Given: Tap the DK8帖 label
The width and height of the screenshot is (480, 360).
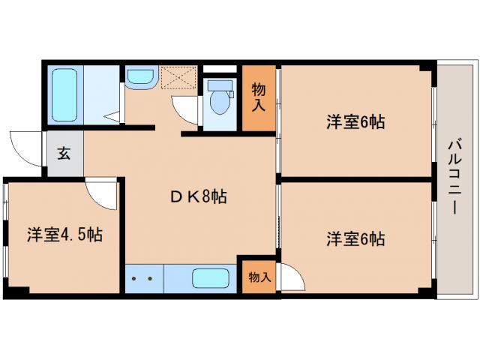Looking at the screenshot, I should (196, 197).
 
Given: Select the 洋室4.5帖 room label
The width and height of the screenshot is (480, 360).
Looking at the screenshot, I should (66, 235).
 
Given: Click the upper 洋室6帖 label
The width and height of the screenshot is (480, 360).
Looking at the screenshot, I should (355, 122).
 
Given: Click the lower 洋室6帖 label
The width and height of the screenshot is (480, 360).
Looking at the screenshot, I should (355, 239).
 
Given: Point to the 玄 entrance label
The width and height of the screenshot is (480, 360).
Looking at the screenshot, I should (64, 154).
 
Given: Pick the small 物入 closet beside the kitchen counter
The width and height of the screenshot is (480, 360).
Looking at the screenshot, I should (258, 277).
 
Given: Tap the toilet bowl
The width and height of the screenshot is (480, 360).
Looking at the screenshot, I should (219, 103).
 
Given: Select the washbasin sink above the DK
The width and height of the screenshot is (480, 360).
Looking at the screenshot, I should (140, 77).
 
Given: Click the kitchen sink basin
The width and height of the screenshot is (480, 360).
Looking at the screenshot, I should (214, 278).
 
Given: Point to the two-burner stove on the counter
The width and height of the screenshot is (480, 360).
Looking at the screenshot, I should (142, 278).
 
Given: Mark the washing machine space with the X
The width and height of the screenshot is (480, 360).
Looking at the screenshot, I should (179, 78).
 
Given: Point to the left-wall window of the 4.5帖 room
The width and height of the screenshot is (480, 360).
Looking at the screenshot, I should (5, 232).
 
